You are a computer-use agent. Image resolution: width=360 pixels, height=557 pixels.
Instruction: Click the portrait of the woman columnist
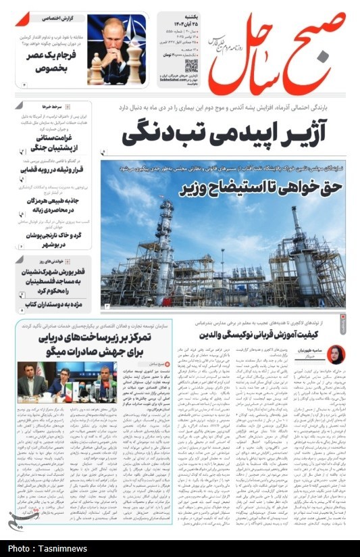coord(336,354)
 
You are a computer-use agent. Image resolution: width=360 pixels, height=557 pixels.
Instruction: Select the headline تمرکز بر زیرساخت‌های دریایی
coord(106,343)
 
